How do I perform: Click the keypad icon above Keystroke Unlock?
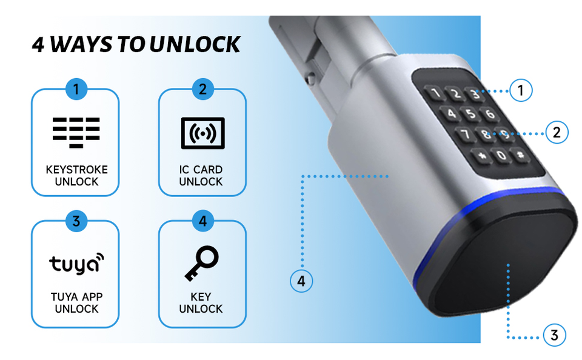point(76,133)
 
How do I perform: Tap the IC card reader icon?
point(202,133)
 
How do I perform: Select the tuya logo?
point(76,264)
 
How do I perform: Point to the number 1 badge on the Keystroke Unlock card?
point(76,90)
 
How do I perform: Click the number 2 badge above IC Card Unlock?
point(202,90)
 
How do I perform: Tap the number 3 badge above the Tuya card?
point(76,221)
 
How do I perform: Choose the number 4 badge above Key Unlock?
point(202,221)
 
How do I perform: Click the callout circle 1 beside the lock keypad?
point(520,91)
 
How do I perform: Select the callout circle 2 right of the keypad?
point(557,132)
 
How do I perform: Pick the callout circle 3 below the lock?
point(554,335)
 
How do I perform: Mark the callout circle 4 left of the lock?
point(301,281)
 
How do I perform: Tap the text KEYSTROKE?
point(76,170)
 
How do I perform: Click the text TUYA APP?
point(76,297)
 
